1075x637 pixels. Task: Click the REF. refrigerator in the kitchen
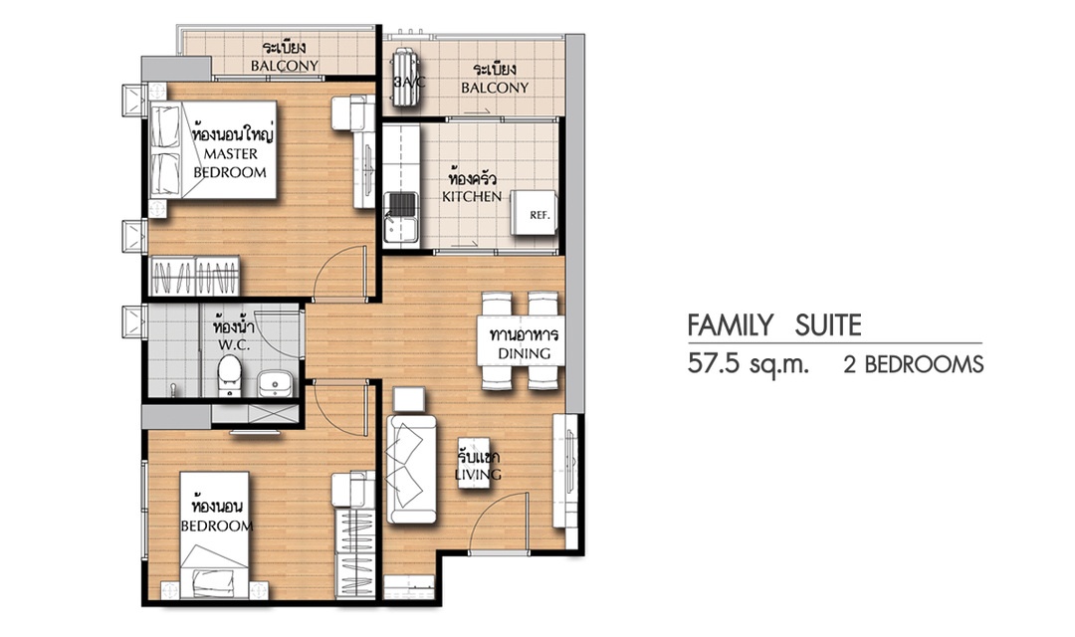535,213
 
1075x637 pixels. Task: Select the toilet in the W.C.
229,375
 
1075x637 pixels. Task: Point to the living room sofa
411,469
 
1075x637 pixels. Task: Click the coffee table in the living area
474,462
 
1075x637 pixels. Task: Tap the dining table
521,340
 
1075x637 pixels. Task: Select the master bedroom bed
213,150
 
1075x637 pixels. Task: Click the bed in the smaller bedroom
214,535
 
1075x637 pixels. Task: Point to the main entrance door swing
498,522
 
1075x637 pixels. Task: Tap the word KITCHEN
472,197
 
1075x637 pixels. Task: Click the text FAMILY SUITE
774,325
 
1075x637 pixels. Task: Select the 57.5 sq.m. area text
749,363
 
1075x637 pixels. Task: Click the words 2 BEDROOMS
914,364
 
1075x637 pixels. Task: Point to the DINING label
524,353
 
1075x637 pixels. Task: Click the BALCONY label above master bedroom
285,66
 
